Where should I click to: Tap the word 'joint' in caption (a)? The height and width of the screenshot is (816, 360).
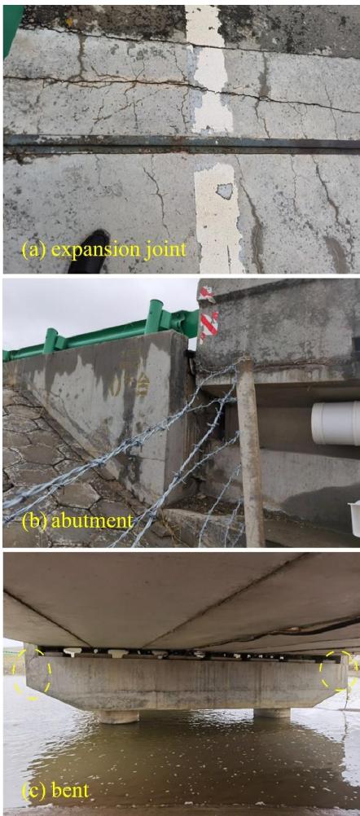(165, 249)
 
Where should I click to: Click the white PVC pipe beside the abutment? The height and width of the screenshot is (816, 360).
(335, 423)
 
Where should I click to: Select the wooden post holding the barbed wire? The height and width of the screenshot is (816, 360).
(250, 452)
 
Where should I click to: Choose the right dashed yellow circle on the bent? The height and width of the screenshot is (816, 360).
(337, 670)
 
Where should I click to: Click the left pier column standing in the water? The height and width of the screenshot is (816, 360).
(118, 716)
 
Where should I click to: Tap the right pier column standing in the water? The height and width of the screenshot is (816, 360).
(271, 713)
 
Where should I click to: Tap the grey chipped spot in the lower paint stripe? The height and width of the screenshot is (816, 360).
(224, 191)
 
